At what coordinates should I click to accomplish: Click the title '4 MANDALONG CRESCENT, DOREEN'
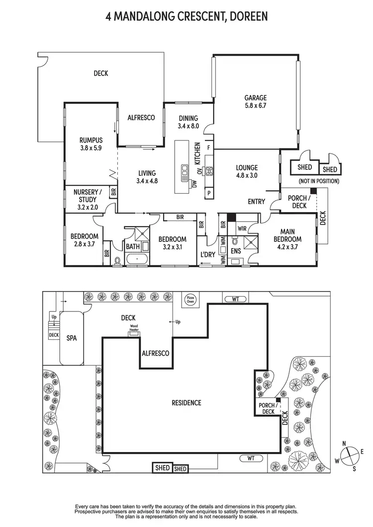[x=186, y=16]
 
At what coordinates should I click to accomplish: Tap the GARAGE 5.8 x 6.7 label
[x=256, y=101]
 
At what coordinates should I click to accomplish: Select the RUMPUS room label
[x=91, y=144]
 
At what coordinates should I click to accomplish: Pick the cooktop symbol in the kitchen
[x=209, y=172]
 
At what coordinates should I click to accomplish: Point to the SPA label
[x=70, y=337]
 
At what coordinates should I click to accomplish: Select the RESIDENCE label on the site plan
[x=187, y=402]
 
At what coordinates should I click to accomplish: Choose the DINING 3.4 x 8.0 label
[x=188, y=122]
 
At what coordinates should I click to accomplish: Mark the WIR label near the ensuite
[x=243, y=229]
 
